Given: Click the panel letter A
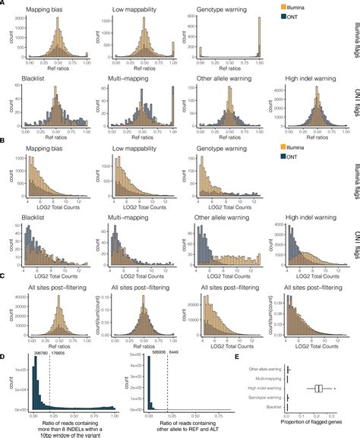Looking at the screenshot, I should pyautogui.click(x=4, y=5).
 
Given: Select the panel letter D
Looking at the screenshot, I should pyautogui.click(x=4, y=353).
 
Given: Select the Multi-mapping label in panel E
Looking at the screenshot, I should pyautogui.click(x=266, y=380).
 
